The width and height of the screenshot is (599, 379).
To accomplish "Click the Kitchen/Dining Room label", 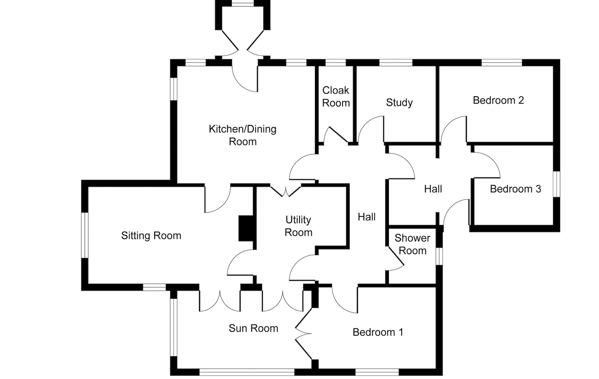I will point(243,135).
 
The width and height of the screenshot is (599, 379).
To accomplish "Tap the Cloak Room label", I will point(336,97).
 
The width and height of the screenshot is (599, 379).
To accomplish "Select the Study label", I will point(399,103).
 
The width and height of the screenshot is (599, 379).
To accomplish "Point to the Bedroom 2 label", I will point(498,100).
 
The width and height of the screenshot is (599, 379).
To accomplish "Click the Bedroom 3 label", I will point(515,189).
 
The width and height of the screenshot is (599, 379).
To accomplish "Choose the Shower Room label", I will point(412,244).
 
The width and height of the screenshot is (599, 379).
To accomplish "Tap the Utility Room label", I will point(298,226).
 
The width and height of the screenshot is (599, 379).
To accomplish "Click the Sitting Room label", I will point(151,236).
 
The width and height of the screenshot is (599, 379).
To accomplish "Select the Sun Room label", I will point(253,328).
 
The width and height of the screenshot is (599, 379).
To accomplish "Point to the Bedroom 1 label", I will point(378,332).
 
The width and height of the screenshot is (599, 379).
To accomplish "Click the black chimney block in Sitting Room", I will point(246,228).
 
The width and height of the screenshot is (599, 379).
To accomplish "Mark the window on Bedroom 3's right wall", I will point(557,184).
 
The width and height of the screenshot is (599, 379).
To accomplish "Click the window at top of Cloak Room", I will point(335,63).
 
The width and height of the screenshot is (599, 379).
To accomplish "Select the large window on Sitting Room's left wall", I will point(85,235).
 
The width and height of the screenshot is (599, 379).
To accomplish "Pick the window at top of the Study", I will point(396,63).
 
